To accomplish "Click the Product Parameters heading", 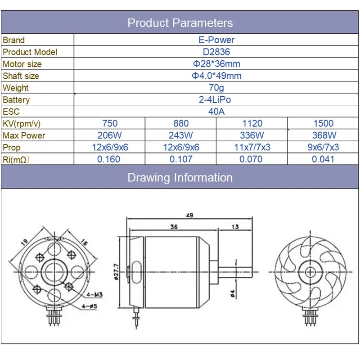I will (x=180, y=23).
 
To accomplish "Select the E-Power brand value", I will (x=216, y=40).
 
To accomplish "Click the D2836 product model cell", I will (x=216, y=52).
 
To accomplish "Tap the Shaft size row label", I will (x=21, y=76).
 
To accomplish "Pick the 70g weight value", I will (x=216, y=88).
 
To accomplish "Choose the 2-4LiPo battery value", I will (x=216, y=100).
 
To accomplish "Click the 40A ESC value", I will (x=216, y=112).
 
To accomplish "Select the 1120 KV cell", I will (x=251, y=123).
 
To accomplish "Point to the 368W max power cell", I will (x=323, y=135).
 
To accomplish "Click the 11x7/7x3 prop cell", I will (x=251, y=147).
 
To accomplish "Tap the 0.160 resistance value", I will (x=109, y=159).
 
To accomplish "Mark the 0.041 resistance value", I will (x=323, y=159).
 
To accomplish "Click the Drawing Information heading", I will (x=180, y=177).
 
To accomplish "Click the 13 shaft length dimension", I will (x=235, y=227).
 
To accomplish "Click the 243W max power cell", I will (x=181, y=135).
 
